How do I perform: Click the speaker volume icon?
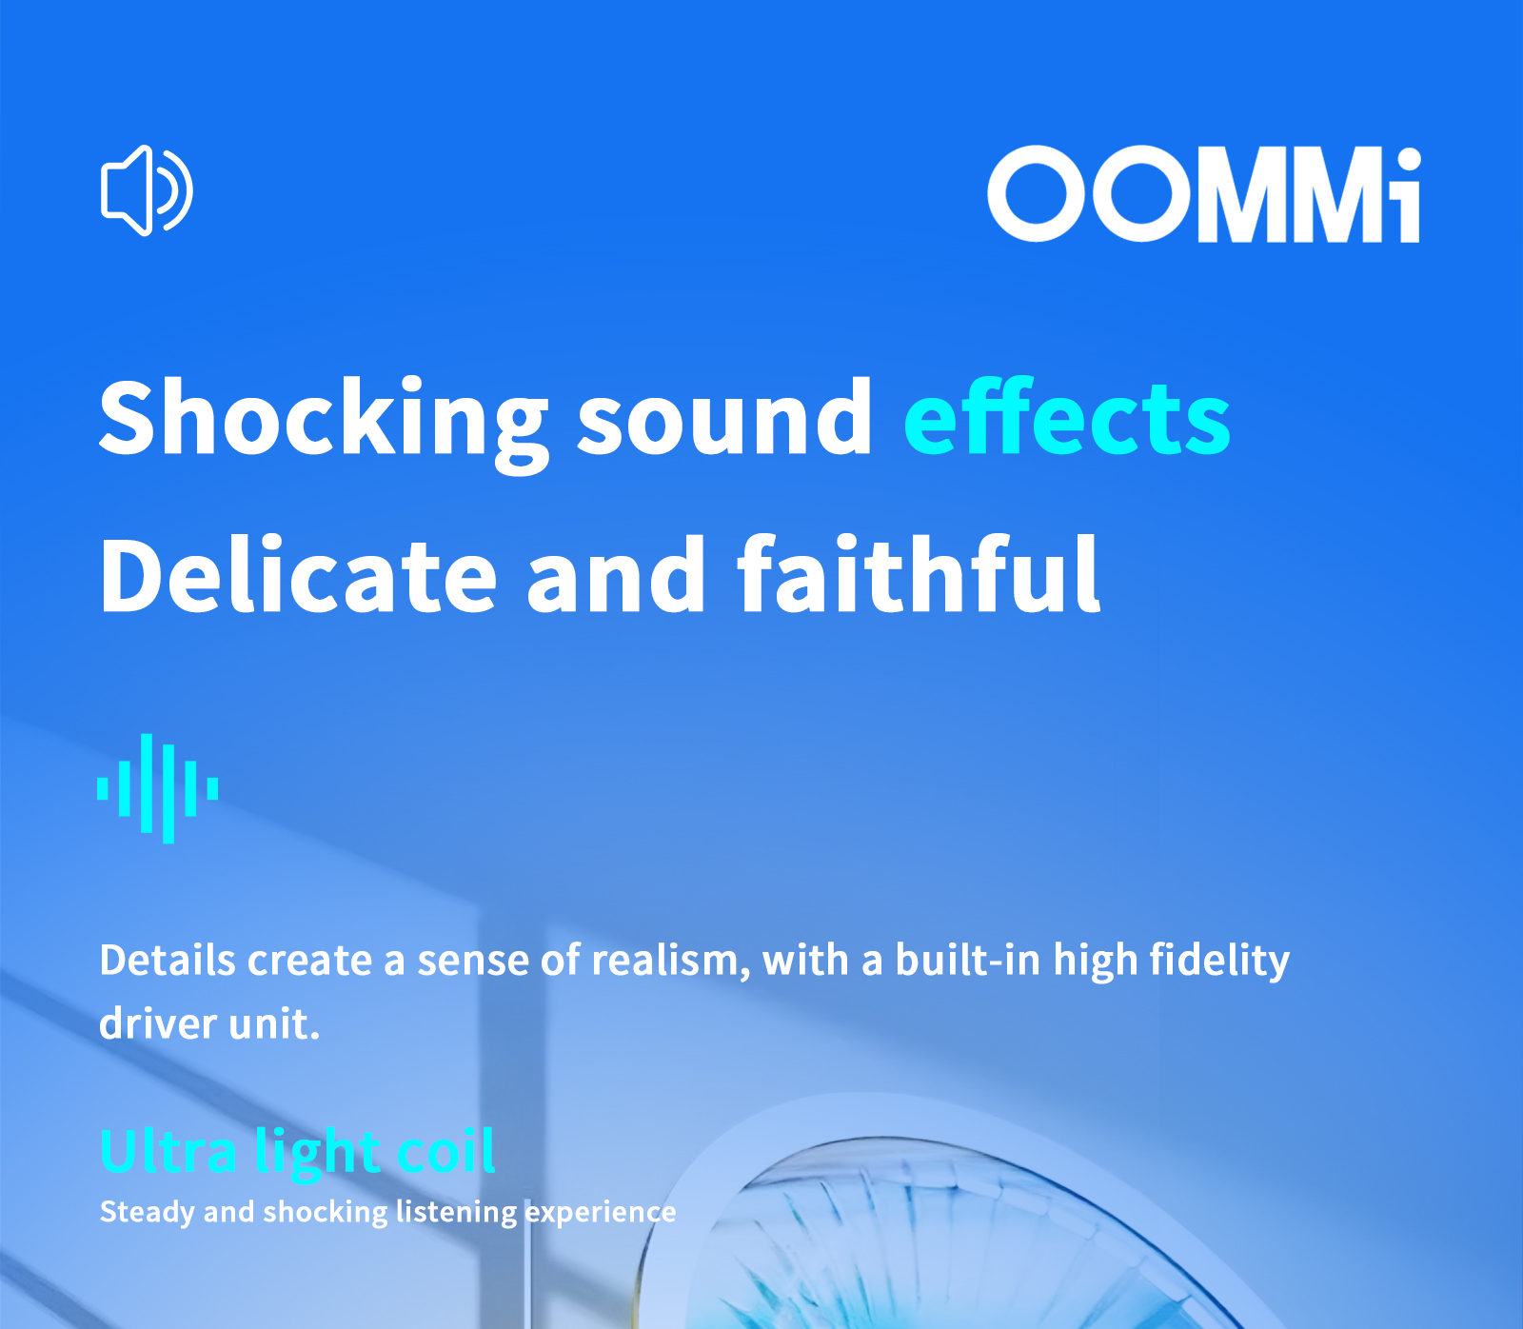[147, 190]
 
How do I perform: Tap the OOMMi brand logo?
[1204, 194]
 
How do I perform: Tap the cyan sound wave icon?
[158, 788]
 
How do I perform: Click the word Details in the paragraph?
[168, 961]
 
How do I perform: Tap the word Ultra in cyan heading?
[168, 1151]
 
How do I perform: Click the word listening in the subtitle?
[456, 1212]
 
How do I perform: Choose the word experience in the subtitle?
[600, 1212]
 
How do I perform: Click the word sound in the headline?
[724, 418]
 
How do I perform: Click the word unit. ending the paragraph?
[274, 1024]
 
